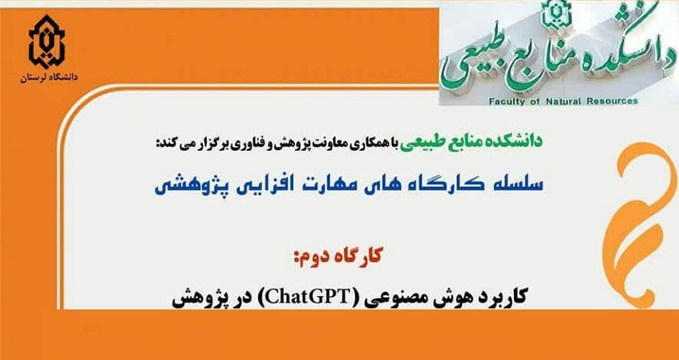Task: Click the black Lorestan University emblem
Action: (x=46, y=42)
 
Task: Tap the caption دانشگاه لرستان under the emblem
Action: (x=48, y=78)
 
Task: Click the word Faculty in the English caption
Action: (x=503, y=101)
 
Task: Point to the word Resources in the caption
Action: (x=610, y=101)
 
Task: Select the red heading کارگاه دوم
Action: (x=338, y=257)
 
